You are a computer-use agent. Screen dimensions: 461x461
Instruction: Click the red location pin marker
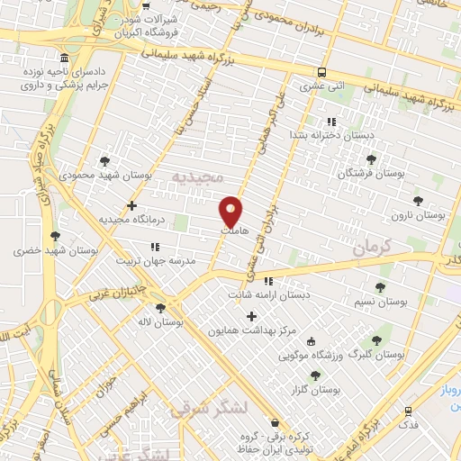(x=232, y=210)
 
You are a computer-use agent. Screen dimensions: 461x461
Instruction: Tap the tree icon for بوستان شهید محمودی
(x=105, y=162)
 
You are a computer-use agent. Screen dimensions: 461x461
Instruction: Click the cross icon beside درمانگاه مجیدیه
(x=132, y=205)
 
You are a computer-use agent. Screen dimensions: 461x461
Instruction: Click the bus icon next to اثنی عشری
(x=321, y=72)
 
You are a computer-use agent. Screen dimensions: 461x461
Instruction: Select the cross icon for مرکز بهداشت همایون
(x=251, y=316)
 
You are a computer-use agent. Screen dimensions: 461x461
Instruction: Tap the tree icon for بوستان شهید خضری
(x=56, y=236)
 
